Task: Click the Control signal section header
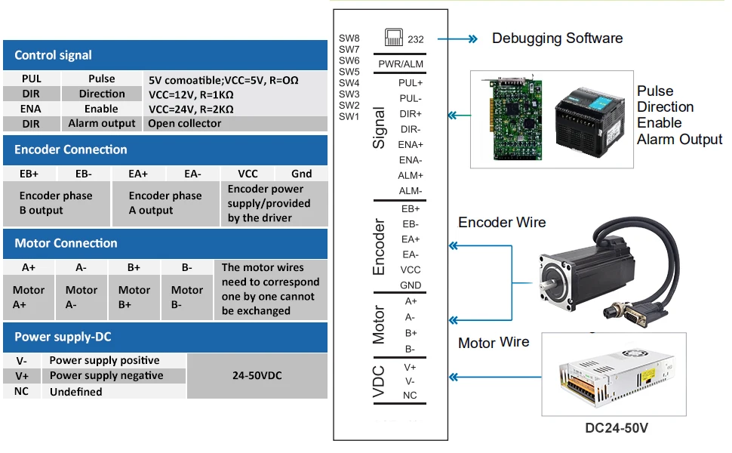tap(53, 55)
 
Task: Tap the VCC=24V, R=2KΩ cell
tap(190, 109)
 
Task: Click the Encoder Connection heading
tap(71, 149)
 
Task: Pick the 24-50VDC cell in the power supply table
tap(257, 375)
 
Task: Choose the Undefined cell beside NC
tap(75, 392)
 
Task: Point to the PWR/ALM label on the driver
tap(401, 64)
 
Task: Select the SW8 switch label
tap(349, 39)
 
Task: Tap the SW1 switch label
tap(349, 116)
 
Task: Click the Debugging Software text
tap(557, 39)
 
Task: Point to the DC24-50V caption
tap(617, 428)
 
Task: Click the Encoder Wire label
tap(502, 223)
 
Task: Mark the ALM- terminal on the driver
tap(411, 191)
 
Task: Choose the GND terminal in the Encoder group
tap(411, 285)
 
